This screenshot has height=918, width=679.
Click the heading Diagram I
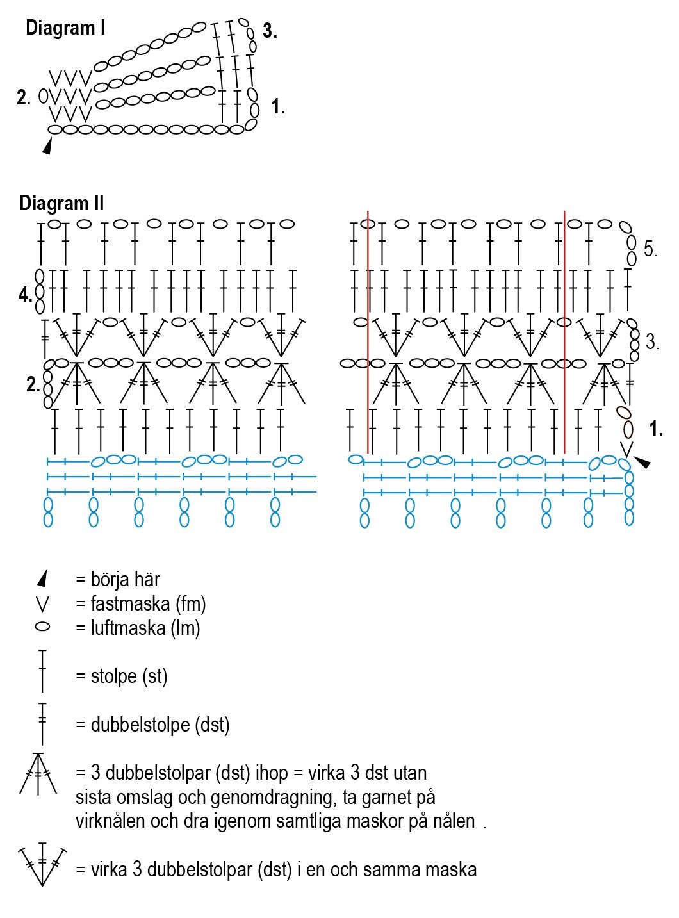(65, 28)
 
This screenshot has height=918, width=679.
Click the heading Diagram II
(61, 203)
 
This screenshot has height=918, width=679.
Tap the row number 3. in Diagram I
(270, 31)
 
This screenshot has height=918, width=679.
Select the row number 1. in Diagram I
(277, 107)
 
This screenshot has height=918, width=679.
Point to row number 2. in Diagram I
(24, 98)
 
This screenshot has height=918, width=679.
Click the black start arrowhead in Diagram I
(47, 147)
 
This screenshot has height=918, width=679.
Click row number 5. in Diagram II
(650, 249)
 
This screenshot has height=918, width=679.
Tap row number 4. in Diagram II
(25, 295)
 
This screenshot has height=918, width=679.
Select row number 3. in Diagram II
(652, 342)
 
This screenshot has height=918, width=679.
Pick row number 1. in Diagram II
(655, 429)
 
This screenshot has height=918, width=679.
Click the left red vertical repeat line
(368, 333)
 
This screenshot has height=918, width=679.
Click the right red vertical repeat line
(564, 333)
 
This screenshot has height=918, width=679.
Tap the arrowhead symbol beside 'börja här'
(42, 578)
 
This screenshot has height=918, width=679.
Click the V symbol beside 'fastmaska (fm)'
(42, 603)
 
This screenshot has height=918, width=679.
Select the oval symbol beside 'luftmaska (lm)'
(42, 627)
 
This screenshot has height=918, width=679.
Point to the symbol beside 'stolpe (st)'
(42, 671)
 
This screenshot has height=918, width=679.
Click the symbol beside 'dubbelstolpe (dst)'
(42, 723)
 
